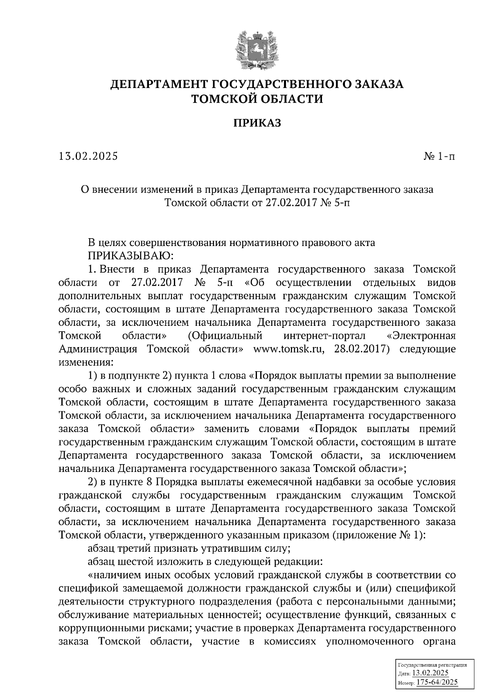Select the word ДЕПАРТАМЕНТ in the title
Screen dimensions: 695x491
pyautogui.click(x=160, y=85)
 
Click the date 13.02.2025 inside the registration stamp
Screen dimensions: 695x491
pyautogui.click(x=430, y=674)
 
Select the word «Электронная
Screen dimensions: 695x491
pyautogui.click(x=421, y=336)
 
